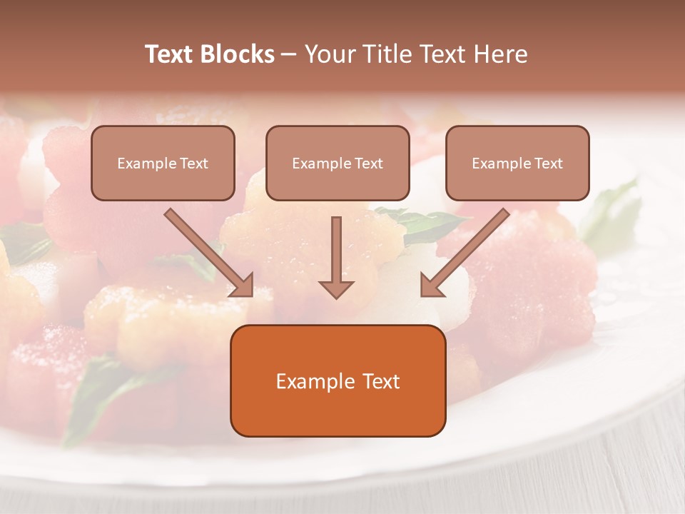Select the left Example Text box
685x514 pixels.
click(x=163, y=163)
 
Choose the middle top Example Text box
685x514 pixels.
click(x=338, y=163)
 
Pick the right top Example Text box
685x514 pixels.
click(x=517, y=163)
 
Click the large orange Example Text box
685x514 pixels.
click(x=338, y=381)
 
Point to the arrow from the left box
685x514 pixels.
click(x=207, y=251)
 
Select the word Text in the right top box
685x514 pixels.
click(x=549, y=163)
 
